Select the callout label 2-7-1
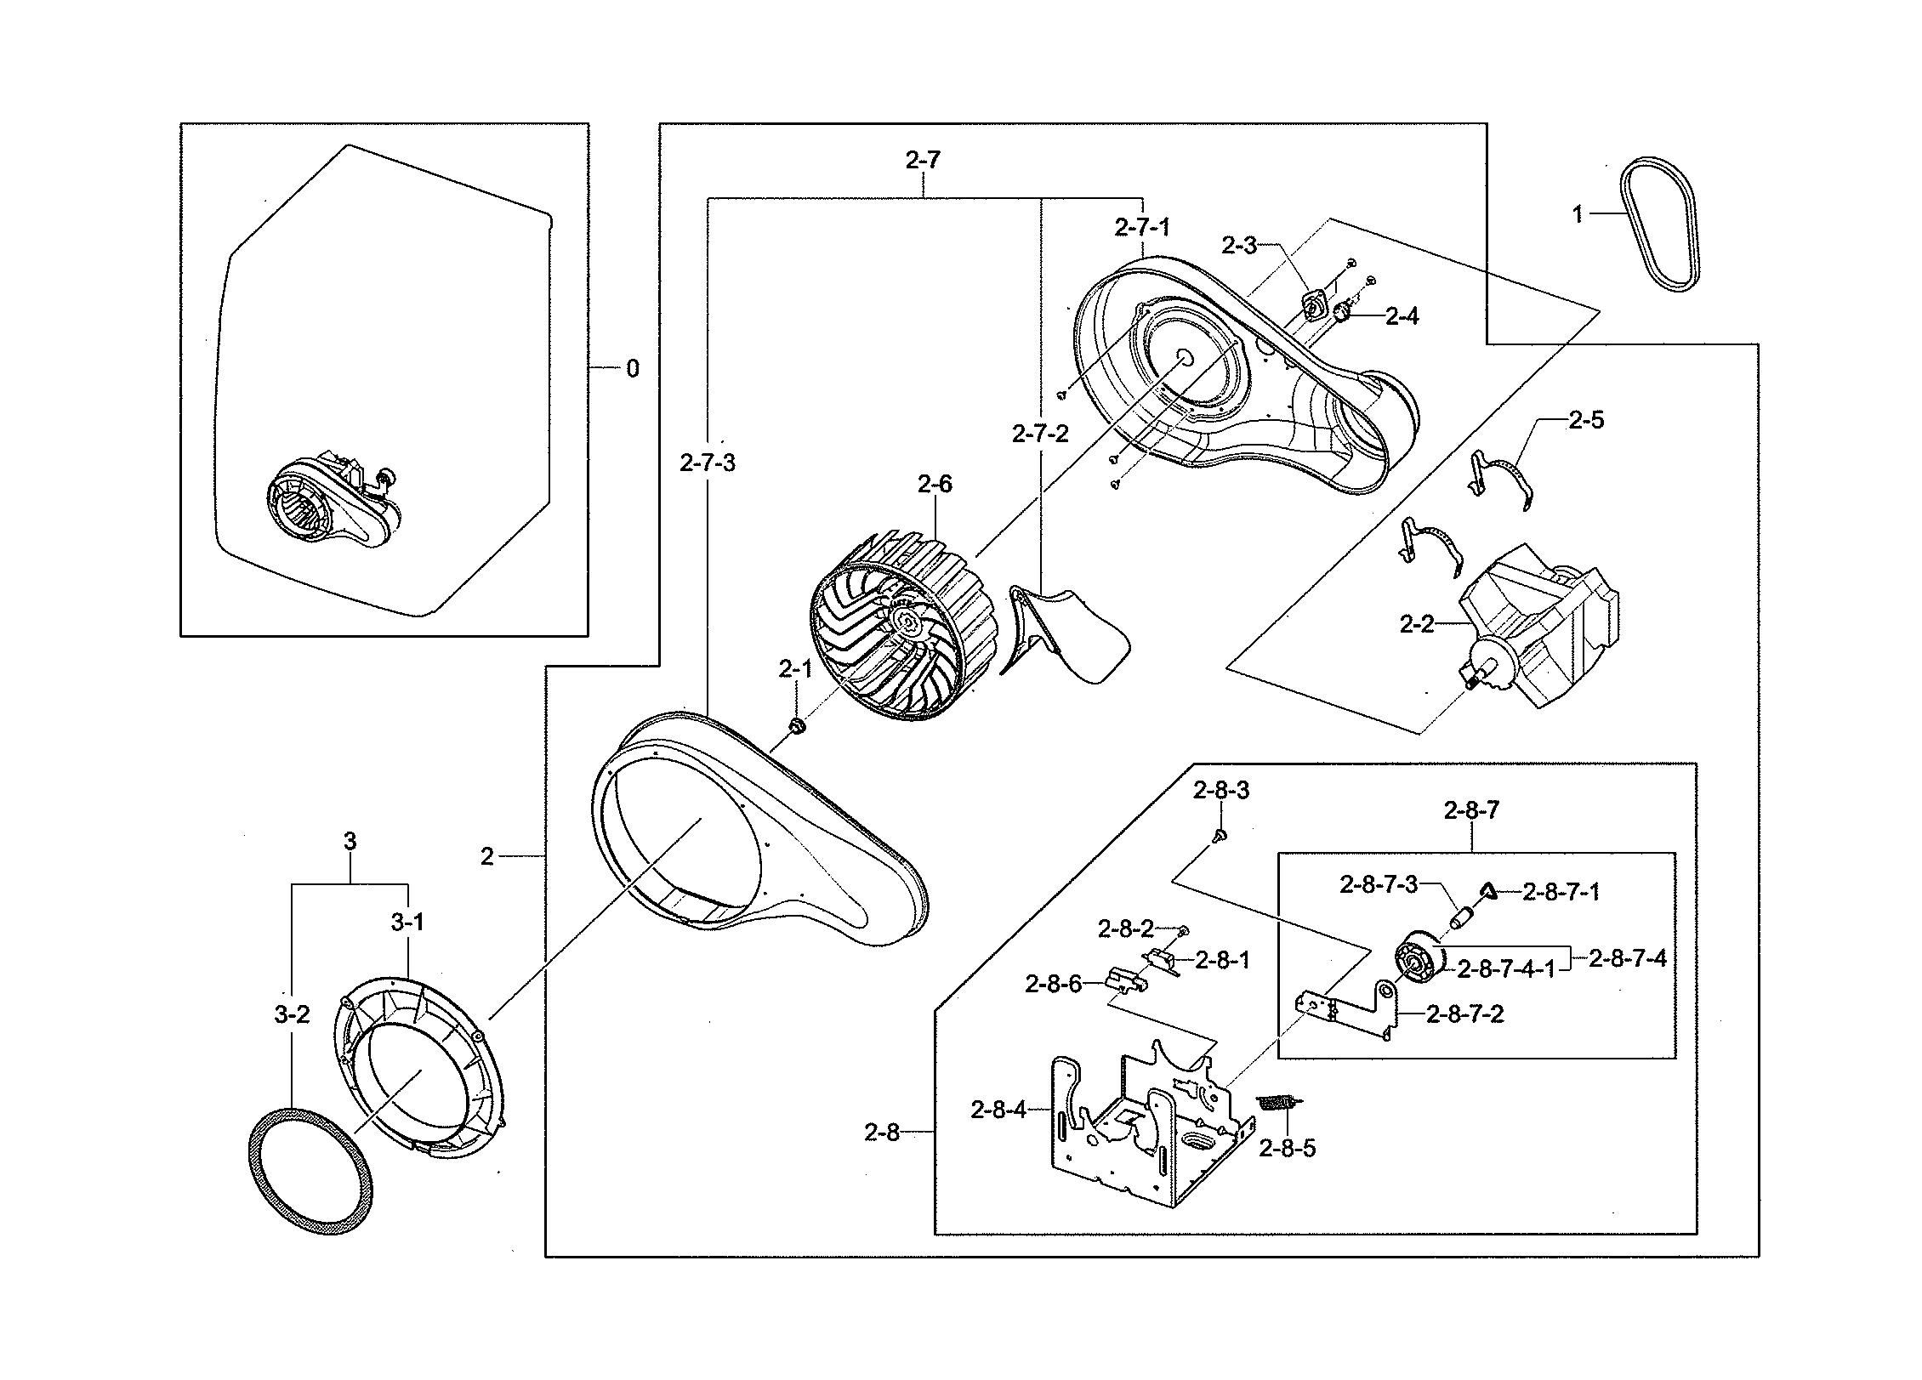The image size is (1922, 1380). [x=1142, y=227]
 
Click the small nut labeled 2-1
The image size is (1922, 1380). [x=797, y=726]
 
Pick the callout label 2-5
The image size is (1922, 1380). [x=1586, y=420]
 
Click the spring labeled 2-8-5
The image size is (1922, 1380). [x=1276, y=1103]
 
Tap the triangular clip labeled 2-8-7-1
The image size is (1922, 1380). [x=1487, y=889]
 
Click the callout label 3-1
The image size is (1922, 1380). [x=407, y=923]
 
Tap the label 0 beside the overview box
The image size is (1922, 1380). [x=632, y=369]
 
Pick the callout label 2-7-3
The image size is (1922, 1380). [x=708, y=463]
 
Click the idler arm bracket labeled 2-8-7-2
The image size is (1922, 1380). [x=1352, y=1012]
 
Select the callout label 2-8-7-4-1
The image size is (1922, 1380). [x=1505, y=969]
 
